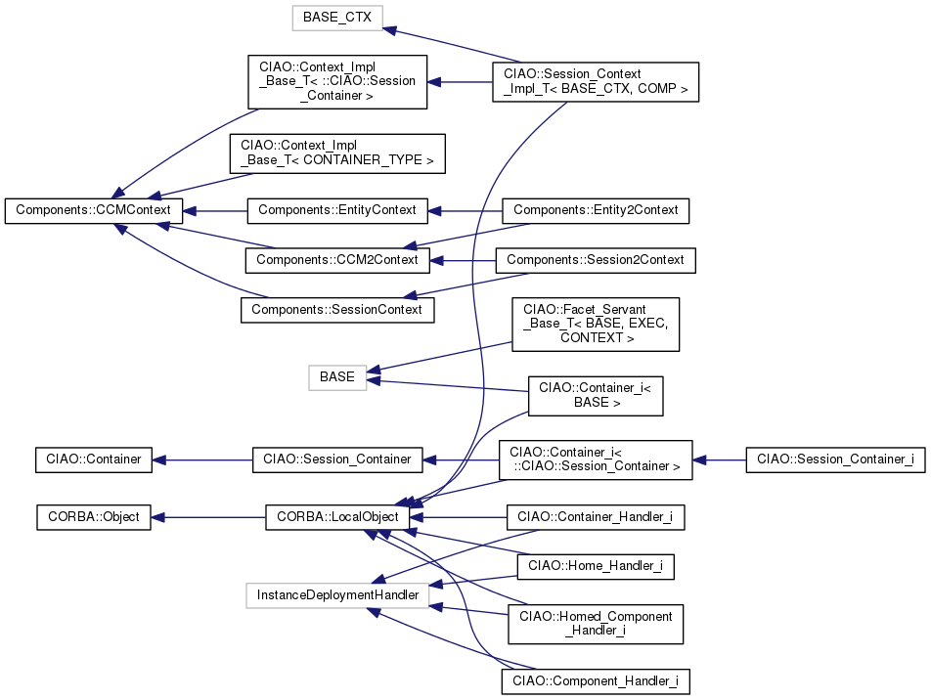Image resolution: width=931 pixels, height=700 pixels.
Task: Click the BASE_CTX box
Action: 337,18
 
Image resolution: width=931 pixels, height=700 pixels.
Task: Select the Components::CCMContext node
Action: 94,210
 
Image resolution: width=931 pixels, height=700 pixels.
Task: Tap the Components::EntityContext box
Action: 336,210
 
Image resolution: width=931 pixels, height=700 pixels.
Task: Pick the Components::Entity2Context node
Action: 596,210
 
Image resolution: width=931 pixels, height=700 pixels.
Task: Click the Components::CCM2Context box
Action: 336,260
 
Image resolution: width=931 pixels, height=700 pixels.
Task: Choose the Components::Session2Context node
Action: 597,260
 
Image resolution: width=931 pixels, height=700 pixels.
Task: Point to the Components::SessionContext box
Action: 336,310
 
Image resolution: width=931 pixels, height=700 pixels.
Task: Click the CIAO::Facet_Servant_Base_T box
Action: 596,325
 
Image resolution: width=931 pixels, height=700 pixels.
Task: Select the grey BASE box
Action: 337,377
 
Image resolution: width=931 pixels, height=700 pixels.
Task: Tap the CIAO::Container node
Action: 93,459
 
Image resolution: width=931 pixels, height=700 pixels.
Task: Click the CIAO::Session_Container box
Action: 336,459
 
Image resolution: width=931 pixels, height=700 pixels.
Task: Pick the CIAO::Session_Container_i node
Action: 835,459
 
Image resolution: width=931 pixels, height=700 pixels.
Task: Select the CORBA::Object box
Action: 93,517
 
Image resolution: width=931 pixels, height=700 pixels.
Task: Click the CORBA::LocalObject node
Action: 336,517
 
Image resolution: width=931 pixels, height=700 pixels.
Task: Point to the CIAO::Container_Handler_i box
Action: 596,517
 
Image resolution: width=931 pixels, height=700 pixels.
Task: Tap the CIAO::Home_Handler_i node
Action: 596,565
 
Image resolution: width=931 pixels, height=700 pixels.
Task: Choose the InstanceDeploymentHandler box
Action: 336,594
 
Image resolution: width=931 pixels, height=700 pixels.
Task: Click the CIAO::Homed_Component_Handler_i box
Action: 596,623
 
